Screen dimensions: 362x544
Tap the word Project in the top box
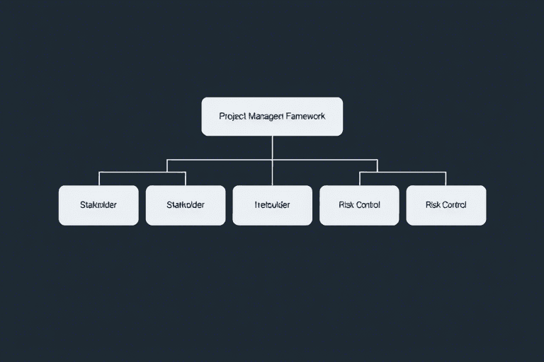click(233, 116)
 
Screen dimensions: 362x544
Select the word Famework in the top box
click(305, 116)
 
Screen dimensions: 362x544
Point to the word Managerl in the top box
click(266, 116)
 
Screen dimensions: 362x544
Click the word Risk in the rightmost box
click(433, 205)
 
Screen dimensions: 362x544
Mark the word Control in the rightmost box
click(454, 205)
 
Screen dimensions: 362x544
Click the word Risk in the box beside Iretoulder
click(346, 205)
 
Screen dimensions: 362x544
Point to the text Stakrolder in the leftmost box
click(98, 205)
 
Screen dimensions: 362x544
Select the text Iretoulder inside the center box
click(272, 205)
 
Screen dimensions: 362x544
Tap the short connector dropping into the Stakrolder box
click(99, 178)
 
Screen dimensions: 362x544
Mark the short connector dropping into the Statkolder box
click(186, 178)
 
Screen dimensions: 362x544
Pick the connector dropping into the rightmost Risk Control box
click(446, 178)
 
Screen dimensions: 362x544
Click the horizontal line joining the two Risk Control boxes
click(402, 172)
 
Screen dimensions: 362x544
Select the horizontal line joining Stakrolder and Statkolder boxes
click(142, 172)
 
